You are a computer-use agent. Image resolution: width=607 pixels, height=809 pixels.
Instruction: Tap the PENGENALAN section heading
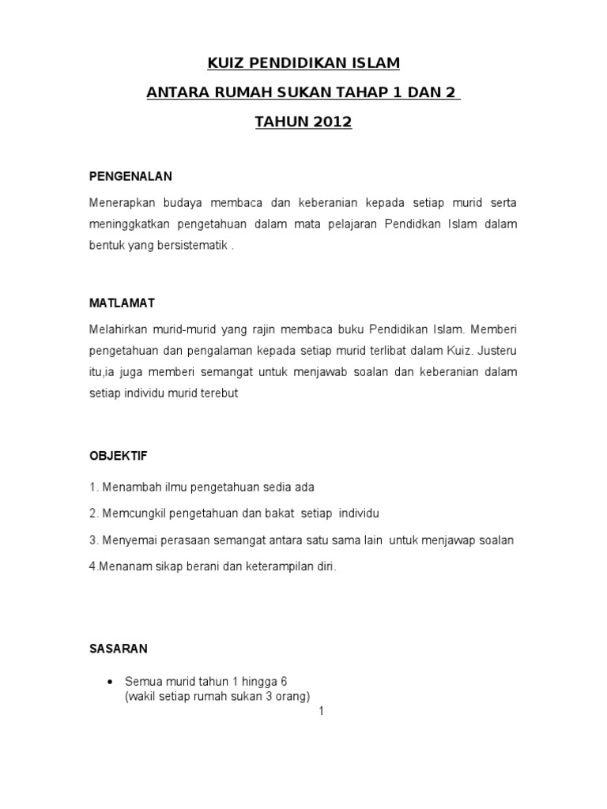tap(130, 175)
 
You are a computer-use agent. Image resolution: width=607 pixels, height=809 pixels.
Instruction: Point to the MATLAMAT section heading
tap(122, 303)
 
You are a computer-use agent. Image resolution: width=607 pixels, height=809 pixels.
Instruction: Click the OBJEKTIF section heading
tap(118, 456)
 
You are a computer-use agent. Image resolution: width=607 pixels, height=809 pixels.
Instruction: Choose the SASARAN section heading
tap(118, 649)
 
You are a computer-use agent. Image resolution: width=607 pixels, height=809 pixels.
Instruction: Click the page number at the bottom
tap(321, 711)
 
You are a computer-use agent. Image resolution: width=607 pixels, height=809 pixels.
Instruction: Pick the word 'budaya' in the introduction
tap(165, 203)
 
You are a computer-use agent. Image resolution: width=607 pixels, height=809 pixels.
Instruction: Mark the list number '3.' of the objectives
tap(93, 540)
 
